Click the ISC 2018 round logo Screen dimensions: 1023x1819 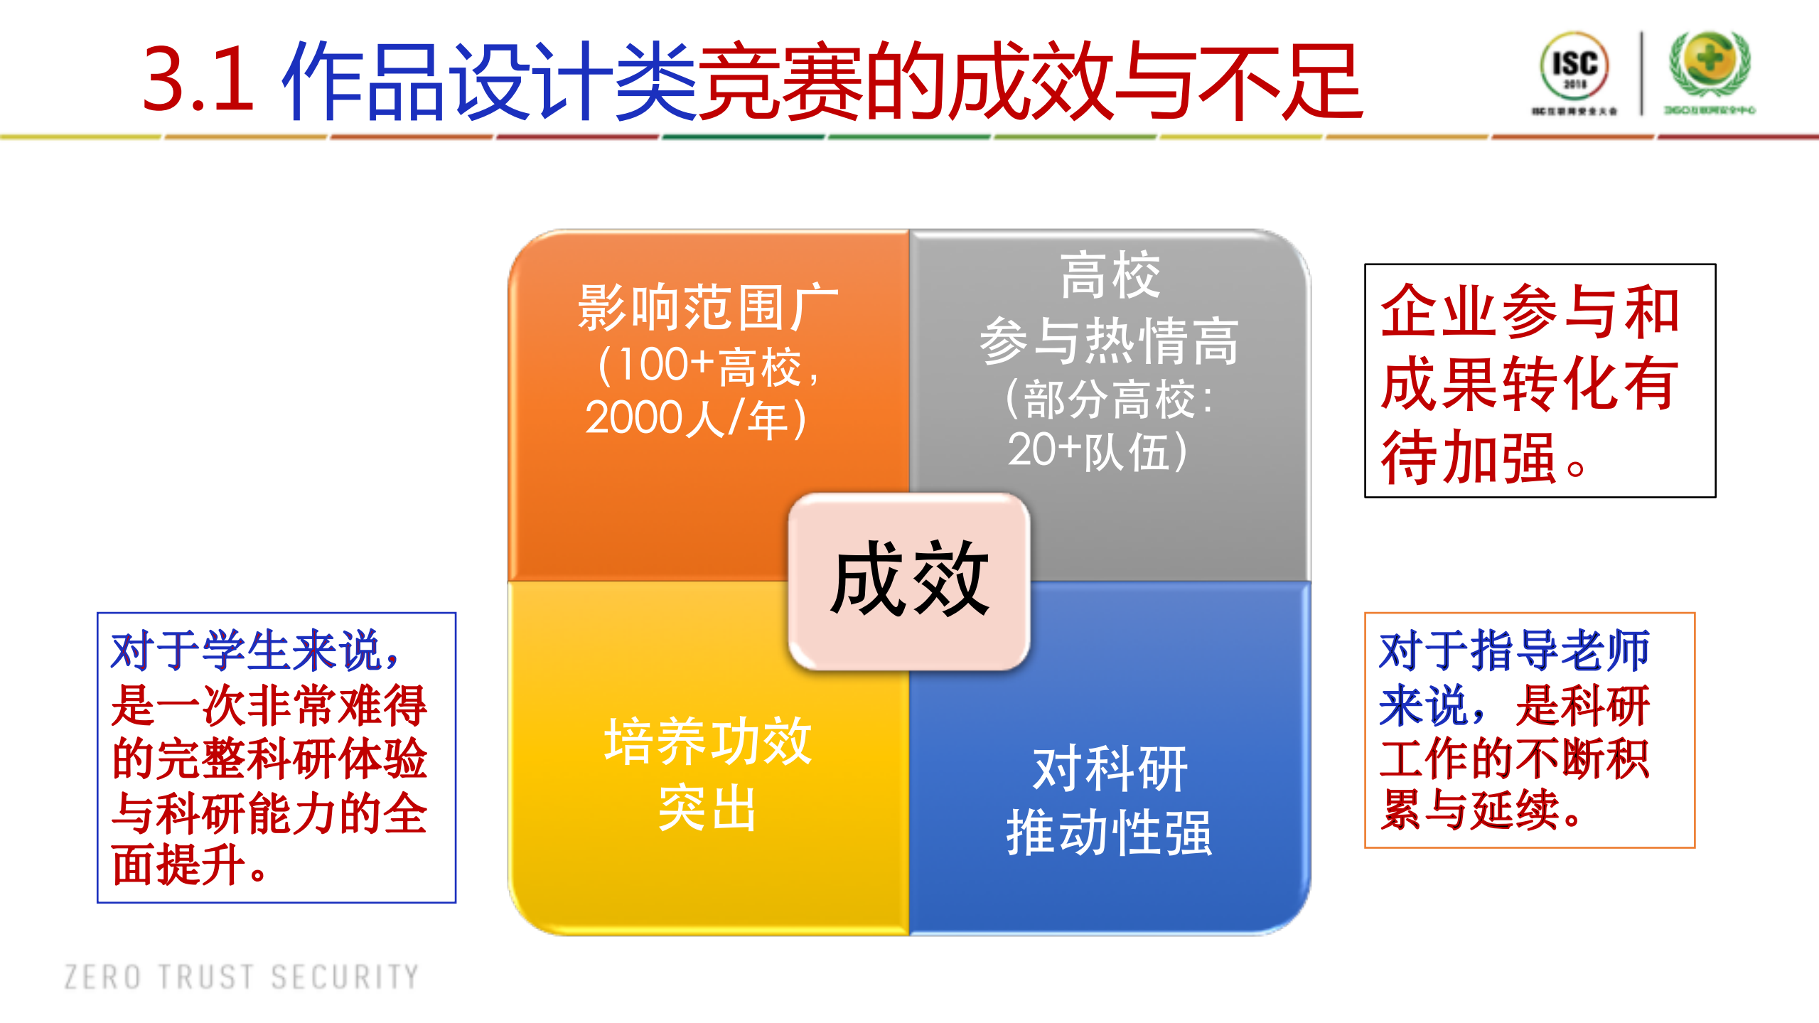point(1574,67)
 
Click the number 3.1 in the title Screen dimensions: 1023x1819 point(198,80)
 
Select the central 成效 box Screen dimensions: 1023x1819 point(909,581)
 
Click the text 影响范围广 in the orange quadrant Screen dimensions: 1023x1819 point(708,308)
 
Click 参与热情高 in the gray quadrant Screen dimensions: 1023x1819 point(1109,342)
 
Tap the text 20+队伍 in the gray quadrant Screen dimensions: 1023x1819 point(1098,451)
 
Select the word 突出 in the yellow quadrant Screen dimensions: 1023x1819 point(707,808)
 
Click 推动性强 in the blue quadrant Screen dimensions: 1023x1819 point(1109,832)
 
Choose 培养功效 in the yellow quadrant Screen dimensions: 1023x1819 point(708,741)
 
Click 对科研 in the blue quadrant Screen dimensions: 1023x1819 point(1110,769)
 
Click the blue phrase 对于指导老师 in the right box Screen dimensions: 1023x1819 point(1514,650)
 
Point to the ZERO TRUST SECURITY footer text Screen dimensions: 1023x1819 point(242,977)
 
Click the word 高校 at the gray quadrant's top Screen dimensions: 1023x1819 point(1110,276)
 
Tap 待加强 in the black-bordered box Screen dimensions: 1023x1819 point(1469,459)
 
